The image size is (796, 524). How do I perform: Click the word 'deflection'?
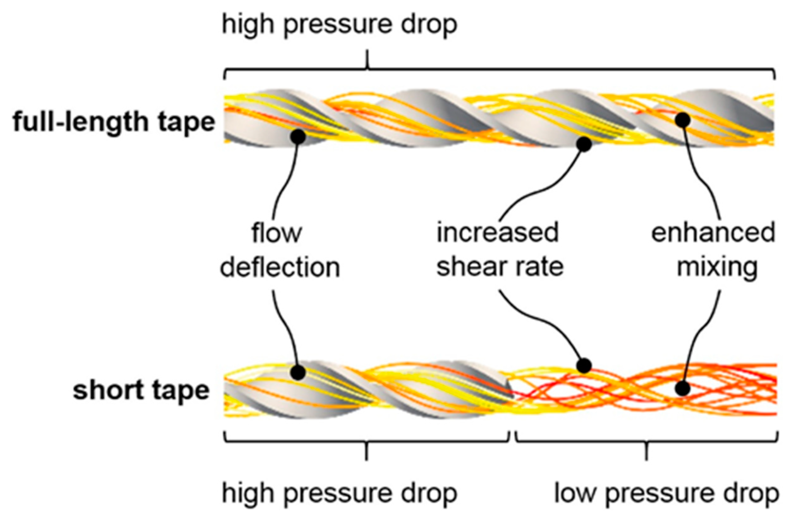point(280,267)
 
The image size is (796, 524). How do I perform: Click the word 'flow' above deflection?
point(276,233)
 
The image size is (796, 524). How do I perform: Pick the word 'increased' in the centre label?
point(498,233)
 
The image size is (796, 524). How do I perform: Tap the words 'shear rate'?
point(500,267)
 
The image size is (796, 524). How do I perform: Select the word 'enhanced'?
point(713,233)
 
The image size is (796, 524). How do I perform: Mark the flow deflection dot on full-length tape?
point(298,136)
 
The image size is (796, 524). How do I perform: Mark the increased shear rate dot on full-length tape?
point(584,144)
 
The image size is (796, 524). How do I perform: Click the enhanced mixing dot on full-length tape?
point(683,120)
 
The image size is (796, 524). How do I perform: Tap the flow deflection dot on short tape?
point(298,372)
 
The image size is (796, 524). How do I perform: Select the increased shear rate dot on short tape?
point(584,366)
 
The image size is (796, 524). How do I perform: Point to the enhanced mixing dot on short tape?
point(682,389)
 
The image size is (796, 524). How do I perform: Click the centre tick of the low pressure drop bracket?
point(646,451)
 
